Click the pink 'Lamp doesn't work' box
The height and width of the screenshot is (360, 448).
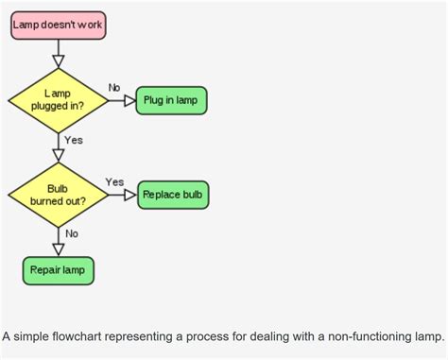tap(58, 25)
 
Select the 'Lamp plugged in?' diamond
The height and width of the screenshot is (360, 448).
tap(58, 99)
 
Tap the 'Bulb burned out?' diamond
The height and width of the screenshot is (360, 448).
tap(58, 194)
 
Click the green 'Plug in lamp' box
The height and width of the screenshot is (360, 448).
tap(171, 100)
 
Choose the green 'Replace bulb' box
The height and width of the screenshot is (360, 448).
tap(173, 195)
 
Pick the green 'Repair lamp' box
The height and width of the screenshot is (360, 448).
tap(58, 270)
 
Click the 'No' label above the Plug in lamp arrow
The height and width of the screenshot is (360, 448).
tap(114, 87)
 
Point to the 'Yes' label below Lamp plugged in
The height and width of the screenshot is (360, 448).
tap(74, 140)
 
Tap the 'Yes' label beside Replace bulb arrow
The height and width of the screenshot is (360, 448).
tap(114, 181)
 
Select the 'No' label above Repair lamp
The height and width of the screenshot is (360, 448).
tap(72, 232)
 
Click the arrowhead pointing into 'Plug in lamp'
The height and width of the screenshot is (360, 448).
tap(129, 100)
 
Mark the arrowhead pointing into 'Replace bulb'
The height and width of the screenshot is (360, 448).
tap(131, 195)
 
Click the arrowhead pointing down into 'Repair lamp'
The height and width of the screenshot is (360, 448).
tap(58, 249)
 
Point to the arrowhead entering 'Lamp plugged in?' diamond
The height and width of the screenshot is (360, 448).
tap(58, 60)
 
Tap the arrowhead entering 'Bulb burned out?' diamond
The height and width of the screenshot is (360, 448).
tap(58, 155)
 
